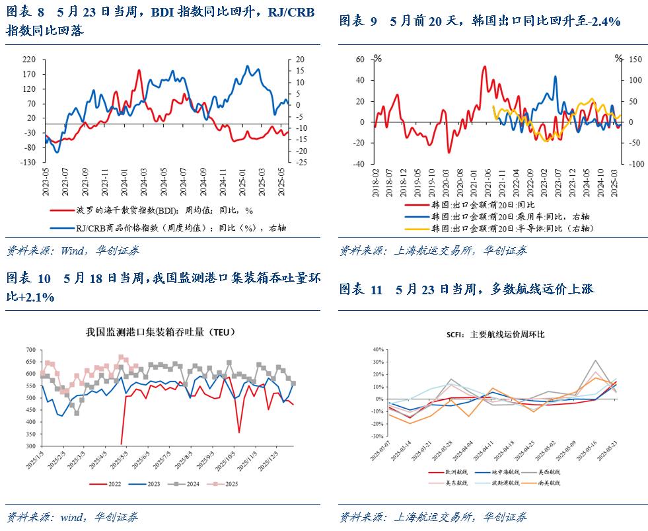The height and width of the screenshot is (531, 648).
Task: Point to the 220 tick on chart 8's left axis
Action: [x=30, y=59]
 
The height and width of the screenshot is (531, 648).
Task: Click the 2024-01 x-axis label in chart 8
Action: [x=124, y=181]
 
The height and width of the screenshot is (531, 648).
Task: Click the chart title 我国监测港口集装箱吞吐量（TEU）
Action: [x=161, y=332]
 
